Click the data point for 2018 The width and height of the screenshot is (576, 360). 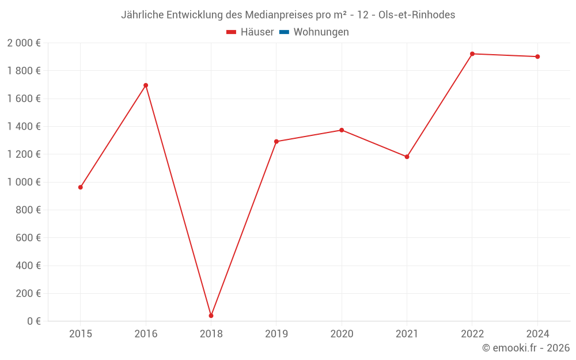pyautogui.click(x=211, y=316)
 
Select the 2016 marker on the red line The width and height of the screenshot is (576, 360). pyautogui.click(x=146, y=85)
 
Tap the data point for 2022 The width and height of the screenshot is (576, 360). pyautogui.click(x=472, y=54)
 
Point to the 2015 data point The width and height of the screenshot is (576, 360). pyautogui.click(x=81, y=187)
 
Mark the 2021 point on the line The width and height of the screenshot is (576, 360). pyautogui.click(x=407, y=157)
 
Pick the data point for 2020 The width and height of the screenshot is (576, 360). pyautogui.click(x=342, y=130)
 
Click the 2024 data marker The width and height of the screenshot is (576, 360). pyautogui.click(x=537, y=56)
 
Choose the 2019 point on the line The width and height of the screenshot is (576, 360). pyautogui.click(x=276, y=141)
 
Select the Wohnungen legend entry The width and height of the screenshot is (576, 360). pyautogui.click(x=321, y=32)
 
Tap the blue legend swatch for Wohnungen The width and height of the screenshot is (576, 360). pyautogui.click(x=284, y=32)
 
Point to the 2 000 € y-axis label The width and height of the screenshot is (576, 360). pyautogui.click(x=24, y=43)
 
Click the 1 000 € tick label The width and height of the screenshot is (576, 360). pyautogui.click(x=24, y=182)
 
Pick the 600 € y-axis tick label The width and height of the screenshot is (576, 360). pyautogui.click(x=27, y=238)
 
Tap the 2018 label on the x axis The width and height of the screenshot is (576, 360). pyautogui.click(x=211, y=334)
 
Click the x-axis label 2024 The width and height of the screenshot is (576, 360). pyautogui.click(x=537, y=334)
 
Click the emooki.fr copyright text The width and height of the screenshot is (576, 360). pyautogui.click(x=526, y=348)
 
